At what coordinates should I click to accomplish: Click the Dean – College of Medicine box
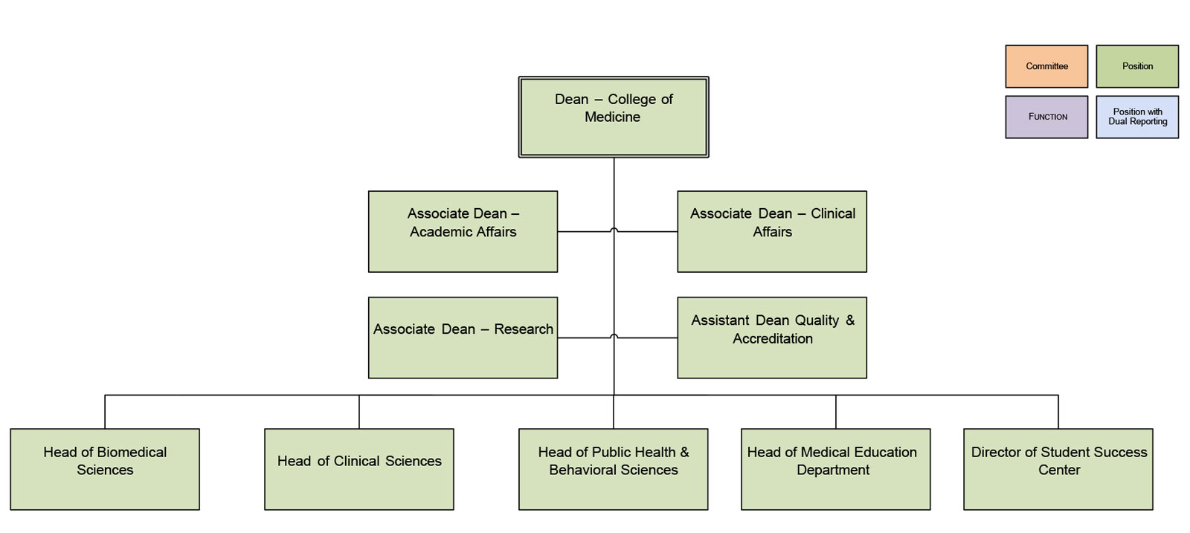(613, 117)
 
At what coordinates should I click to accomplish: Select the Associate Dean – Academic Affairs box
(463, 231)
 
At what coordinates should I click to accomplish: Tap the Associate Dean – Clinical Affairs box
(771, 231)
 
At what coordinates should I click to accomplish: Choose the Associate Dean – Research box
(463, 337)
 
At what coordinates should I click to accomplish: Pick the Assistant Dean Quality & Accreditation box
(771, 337)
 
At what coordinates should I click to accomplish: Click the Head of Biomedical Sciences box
(105, 469)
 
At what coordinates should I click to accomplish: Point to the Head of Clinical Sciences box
(358, 469)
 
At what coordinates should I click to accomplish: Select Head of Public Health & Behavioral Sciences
(613, 469)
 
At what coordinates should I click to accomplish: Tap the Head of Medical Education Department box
(835, 469)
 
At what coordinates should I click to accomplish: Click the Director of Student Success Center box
(1058, 469)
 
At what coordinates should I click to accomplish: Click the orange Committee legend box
(1046, 66)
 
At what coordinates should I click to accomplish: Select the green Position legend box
(1137, 66)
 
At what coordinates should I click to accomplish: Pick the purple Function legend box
(1046, 117)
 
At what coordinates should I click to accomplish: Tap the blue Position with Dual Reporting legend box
(1137, 117)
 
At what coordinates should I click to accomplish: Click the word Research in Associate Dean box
(524, 329)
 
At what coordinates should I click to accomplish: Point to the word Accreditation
(773, 339)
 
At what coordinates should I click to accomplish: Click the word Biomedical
(132, 452)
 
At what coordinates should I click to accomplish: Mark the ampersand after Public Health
(684, 452)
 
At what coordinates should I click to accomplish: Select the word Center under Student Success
(1059, 470)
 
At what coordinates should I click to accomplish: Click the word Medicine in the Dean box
(612, 117)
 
